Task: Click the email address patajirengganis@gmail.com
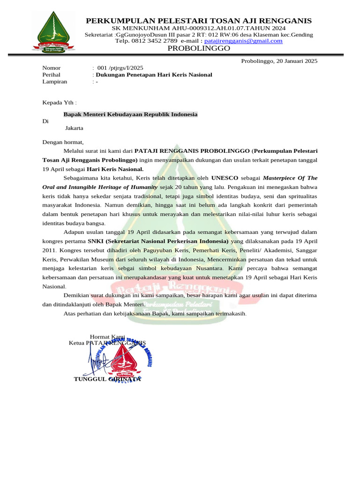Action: coord(243,41)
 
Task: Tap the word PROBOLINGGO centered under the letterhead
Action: coord(199,48)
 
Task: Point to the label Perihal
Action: coord(52,75)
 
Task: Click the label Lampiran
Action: coord(55,81)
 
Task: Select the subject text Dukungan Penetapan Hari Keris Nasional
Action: coord(154,75)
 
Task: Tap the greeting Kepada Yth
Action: coord(59,102)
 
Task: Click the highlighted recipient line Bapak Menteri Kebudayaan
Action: coord(130,114)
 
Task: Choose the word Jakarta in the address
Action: coord(74,127)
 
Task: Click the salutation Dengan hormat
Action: coord(63,142)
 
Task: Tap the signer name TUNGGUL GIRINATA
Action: coord(107,379)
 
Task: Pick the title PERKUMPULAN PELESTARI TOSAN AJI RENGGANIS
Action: coord(199,21)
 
